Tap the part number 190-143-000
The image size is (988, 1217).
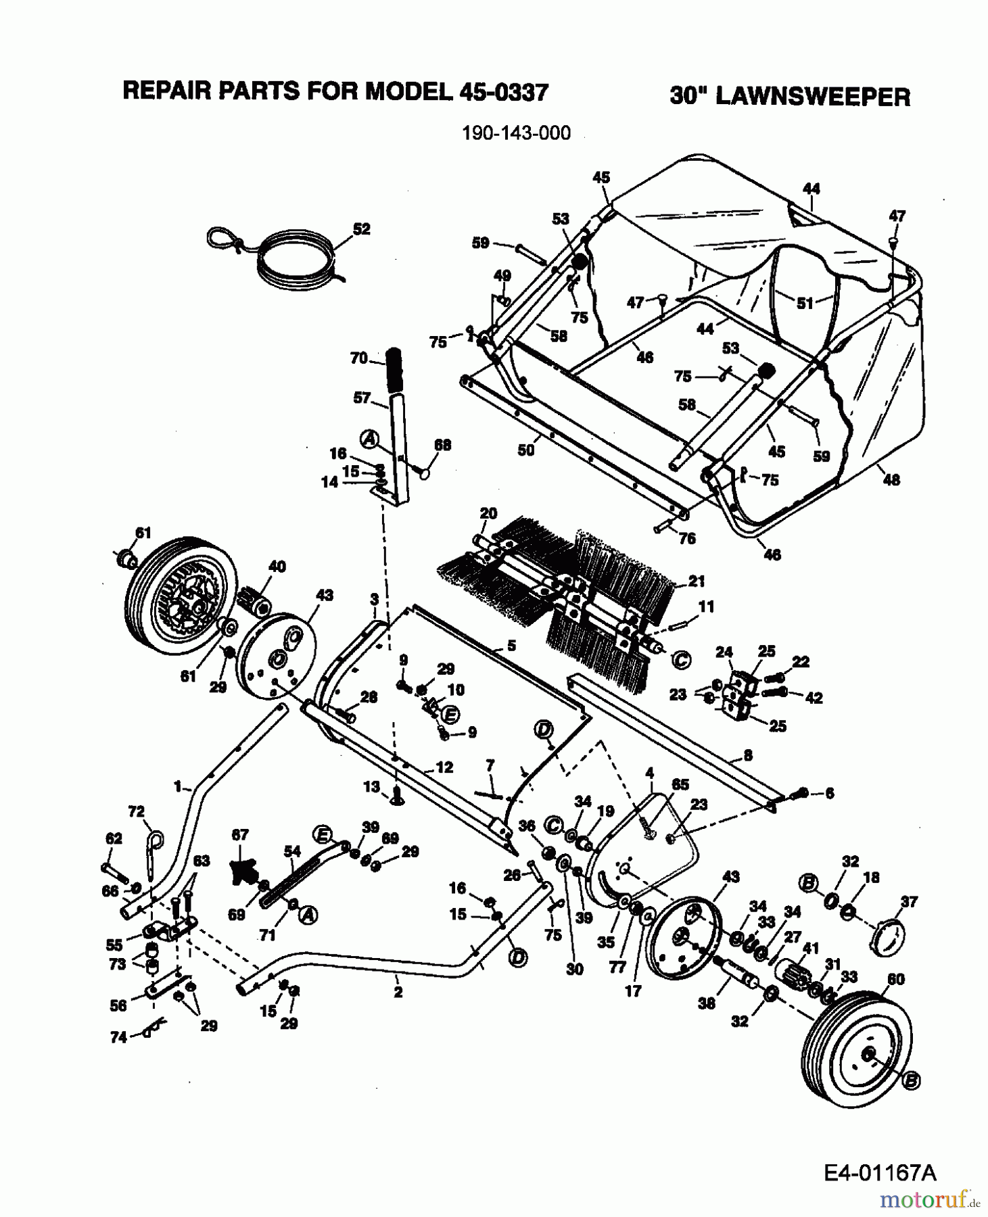[x=515, y=133]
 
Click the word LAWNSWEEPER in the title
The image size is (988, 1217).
[x=812, y=97]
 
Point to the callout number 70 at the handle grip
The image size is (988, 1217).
[x=358, y=358]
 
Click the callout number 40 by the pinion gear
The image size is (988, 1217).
[x=277, y=566]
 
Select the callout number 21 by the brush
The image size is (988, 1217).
[x=697, y=581]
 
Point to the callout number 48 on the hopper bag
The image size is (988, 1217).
[x=891, y=479]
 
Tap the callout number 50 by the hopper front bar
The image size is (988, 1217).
[x=525, y=450]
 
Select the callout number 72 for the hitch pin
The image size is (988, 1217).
[x=137, y=811]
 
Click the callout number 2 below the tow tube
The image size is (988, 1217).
[x=398, y=993]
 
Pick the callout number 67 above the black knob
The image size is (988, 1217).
[x=240, y=835]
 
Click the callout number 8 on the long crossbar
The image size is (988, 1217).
[x=747, y=755]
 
